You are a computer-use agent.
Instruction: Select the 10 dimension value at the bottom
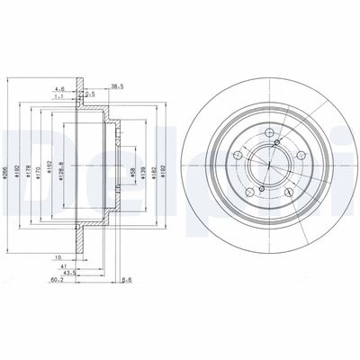click(59, 256)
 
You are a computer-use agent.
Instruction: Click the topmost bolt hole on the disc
click(270, 136)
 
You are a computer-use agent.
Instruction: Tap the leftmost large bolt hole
click(238, 158)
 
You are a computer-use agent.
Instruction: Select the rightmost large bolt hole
click(300, 159)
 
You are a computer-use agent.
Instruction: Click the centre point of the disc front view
click(269, 168)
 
